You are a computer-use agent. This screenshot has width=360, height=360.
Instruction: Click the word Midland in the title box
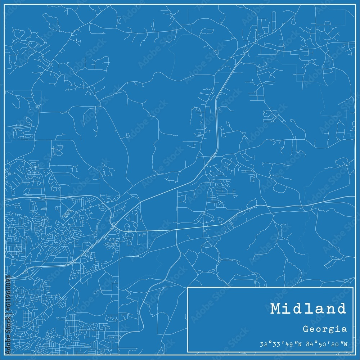click(308, 309)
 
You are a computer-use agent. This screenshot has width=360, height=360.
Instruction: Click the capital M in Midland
click(276, 309)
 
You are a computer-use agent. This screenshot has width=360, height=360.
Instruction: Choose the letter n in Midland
click(327, 309)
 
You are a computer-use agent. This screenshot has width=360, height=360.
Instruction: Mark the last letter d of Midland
click(340, 309)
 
